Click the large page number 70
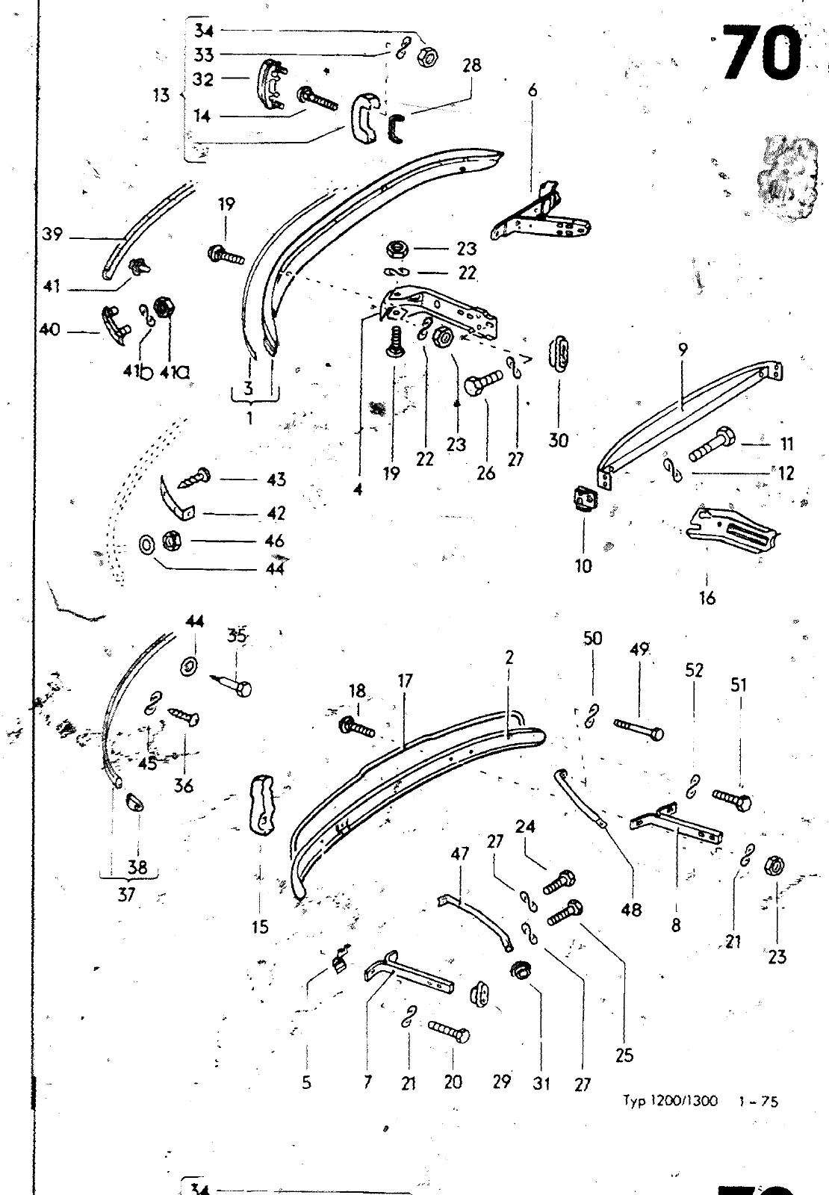pos(761,54)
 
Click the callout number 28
pos(471,65)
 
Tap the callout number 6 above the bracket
pos(532,90)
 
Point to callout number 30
pos(558,440)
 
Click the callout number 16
pos(707,597)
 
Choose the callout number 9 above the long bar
pos(683,348)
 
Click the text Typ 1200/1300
pos(670,1101)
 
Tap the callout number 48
pos(631,910)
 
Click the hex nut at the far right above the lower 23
pos(774,866)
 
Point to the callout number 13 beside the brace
pos(161,96)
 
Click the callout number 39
pos(52,235)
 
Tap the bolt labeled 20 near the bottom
pos(450,1034)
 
